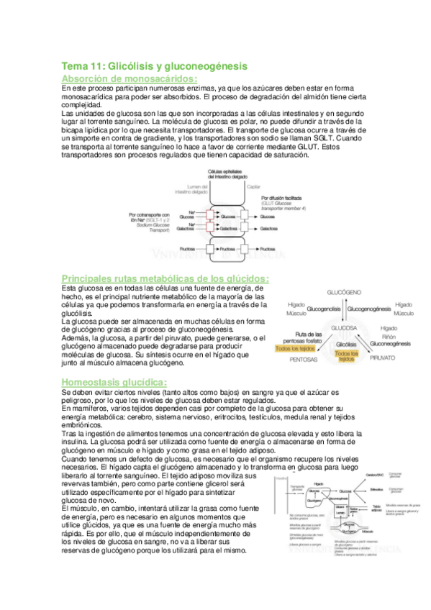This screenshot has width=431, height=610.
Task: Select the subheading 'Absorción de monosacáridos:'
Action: coord(130,78)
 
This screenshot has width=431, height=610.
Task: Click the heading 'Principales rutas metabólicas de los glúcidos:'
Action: coord(166,278)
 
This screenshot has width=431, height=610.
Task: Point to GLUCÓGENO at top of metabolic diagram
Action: coord(344,294)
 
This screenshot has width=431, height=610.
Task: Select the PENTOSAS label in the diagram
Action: coord(305,358)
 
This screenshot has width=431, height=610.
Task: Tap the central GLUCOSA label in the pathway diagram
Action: coord(345,327)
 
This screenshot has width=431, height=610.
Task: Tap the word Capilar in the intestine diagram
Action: coord(253,186)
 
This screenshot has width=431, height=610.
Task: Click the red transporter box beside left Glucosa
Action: coord(210,214)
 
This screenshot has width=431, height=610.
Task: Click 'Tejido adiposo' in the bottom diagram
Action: coord(376,506)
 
